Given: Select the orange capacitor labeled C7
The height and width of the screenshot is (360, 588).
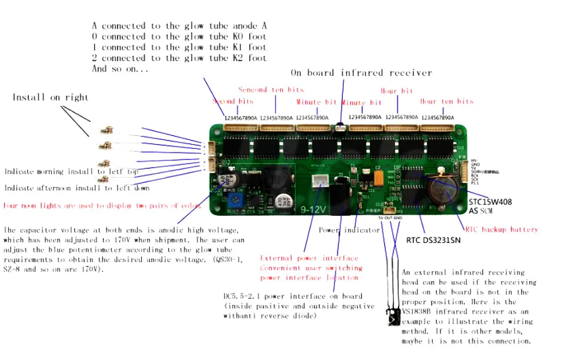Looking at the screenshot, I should tap(381, 178).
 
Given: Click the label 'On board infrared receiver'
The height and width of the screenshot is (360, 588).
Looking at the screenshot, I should tap(361, 73).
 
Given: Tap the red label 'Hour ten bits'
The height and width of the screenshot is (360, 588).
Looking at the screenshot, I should tap(446, 101).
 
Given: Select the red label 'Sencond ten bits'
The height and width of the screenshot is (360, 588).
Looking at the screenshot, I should tap(271, 89).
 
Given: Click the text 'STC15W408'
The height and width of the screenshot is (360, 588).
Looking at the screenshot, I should tap(490, 202).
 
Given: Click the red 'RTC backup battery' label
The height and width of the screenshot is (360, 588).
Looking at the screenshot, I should tap(502, 229).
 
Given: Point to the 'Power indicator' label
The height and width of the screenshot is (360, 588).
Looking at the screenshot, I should tap(349, 230).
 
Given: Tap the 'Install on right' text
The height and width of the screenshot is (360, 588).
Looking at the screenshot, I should tap(51, 97).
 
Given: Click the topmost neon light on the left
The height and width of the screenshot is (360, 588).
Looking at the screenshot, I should tap(106, 129).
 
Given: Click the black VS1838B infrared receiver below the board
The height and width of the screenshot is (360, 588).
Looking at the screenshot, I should tap(392, 318).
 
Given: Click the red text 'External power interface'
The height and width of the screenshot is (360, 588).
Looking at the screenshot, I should tap(309, 258).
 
